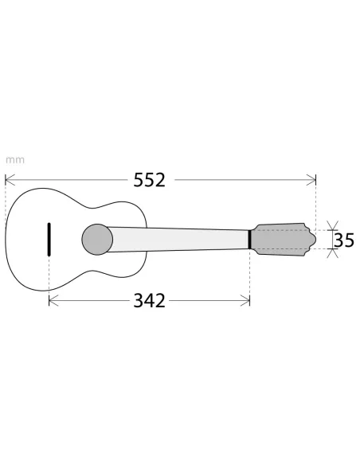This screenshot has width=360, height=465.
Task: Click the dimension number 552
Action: pos(149,180)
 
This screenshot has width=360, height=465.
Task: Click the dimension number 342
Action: pos(149,300)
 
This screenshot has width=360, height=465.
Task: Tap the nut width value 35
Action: pos(344,240)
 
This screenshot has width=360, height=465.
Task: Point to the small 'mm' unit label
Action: pos(14,159)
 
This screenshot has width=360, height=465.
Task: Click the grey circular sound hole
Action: pos(97,238)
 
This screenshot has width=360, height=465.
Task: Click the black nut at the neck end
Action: pos(250,239)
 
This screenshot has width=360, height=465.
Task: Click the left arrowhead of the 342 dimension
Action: pos(53,300)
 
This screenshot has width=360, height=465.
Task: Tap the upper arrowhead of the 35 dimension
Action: pos(333,226)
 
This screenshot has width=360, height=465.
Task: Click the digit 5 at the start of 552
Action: pos(138,180)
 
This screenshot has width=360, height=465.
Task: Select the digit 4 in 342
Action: pos(149,300)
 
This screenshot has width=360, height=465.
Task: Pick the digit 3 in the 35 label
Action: pos(339,240)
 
